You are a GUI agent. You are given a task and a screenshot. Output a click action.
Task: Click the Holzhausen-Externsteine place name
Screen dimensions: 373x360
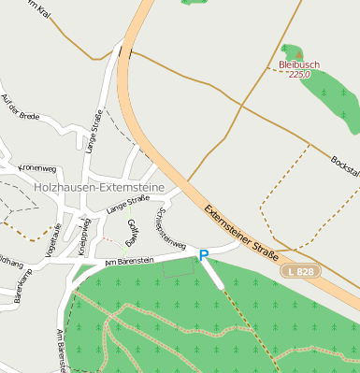pos(97,187)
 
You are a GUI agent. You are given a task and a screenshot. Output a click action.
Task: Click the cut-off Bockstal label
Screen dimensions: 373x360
pos(345,165)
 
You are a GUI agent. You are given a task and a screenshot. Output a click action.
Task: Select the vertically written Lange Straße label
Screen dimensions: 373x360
pos(94,130)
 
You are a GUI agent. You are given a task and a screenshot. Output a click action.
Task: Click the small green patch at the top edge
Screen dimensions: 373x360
pos(194,3)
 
